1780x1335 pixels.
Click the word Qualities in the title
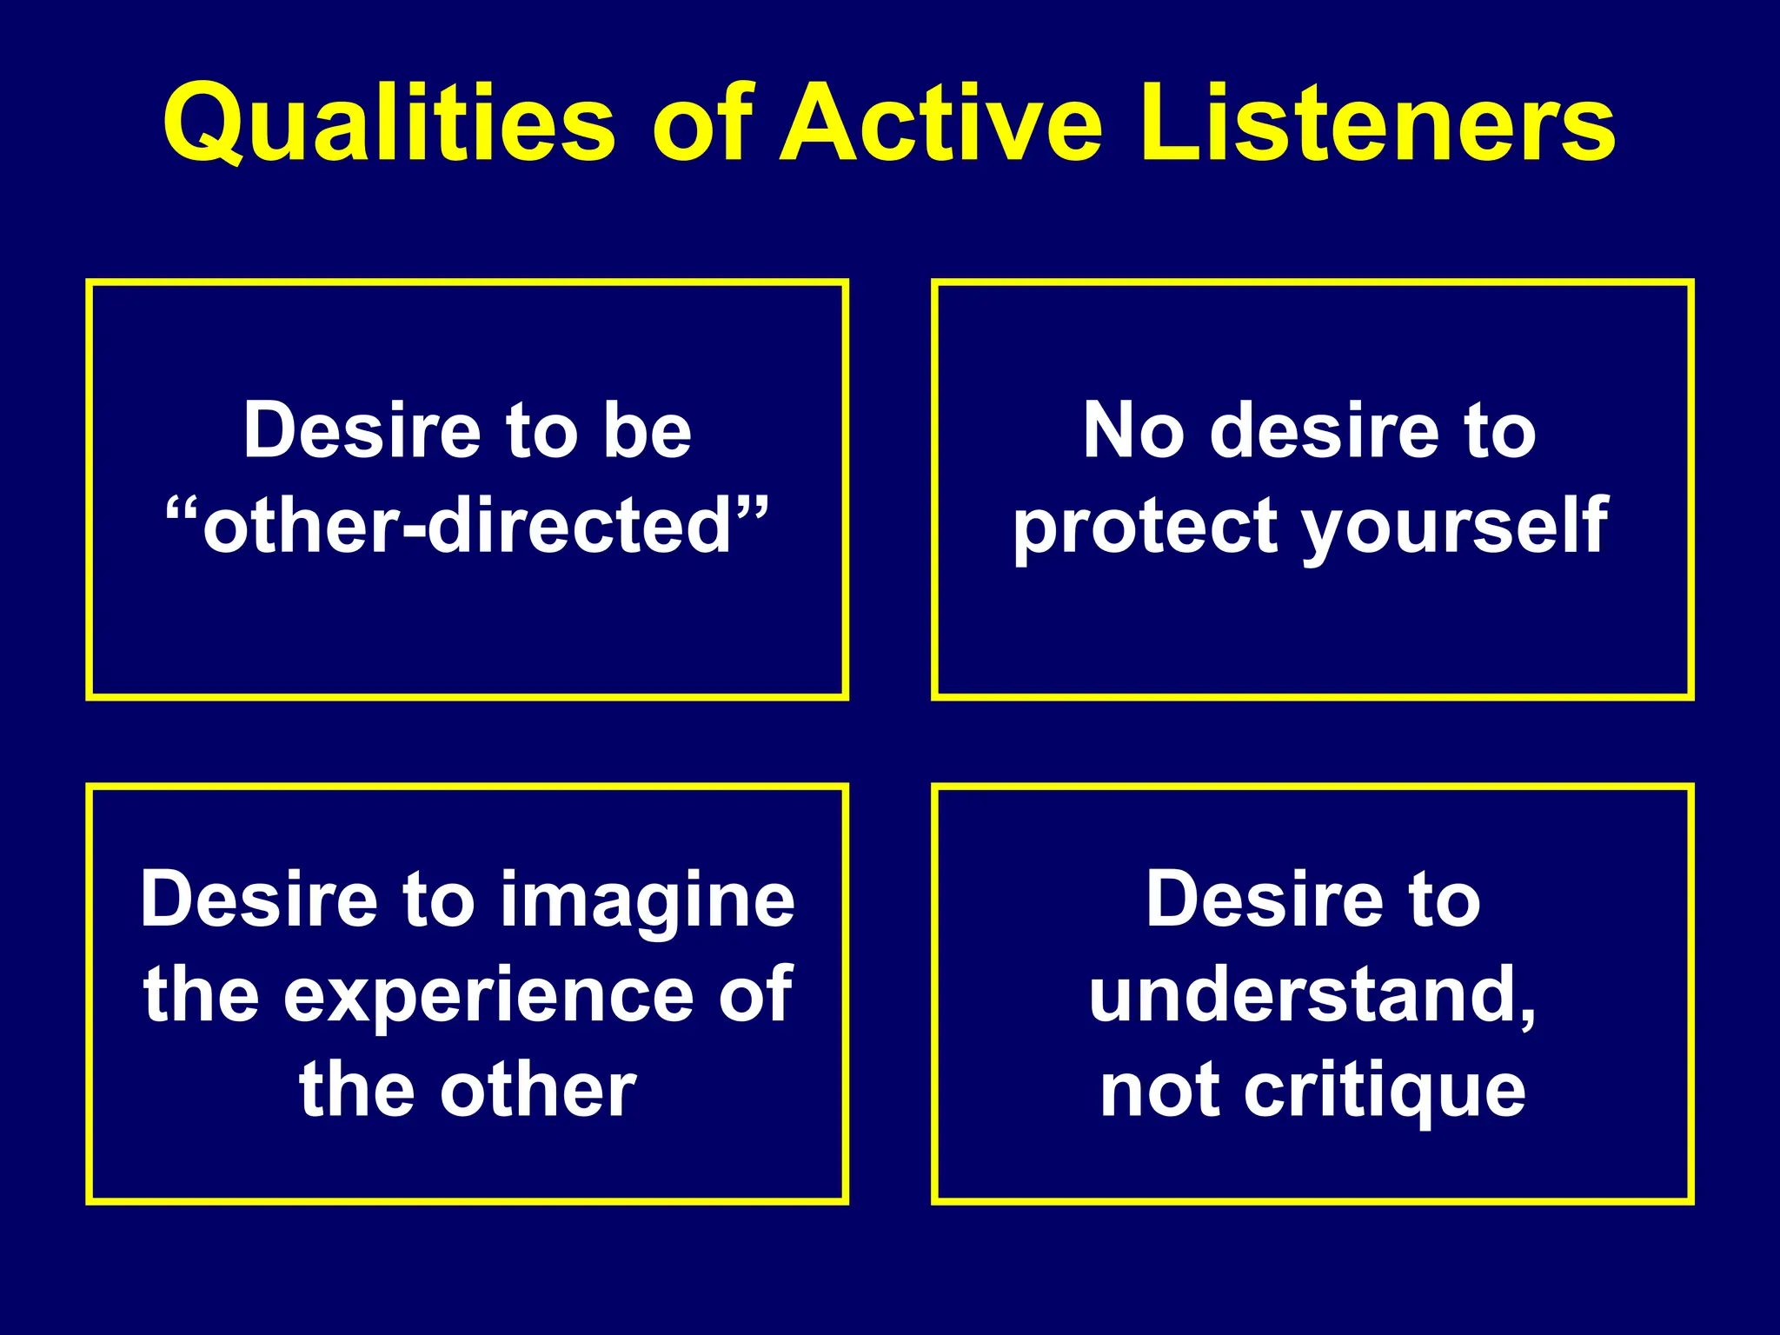[x=389, y=123]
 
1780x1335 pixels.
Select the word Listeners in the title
[x=1378, y=123]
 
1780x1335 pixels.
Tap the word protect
[x=1146, y=528]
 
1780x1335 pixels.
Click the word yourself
[x=1455, y=527]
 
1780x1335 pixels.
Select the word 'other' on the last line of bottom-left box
[x=538, y=1091]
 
